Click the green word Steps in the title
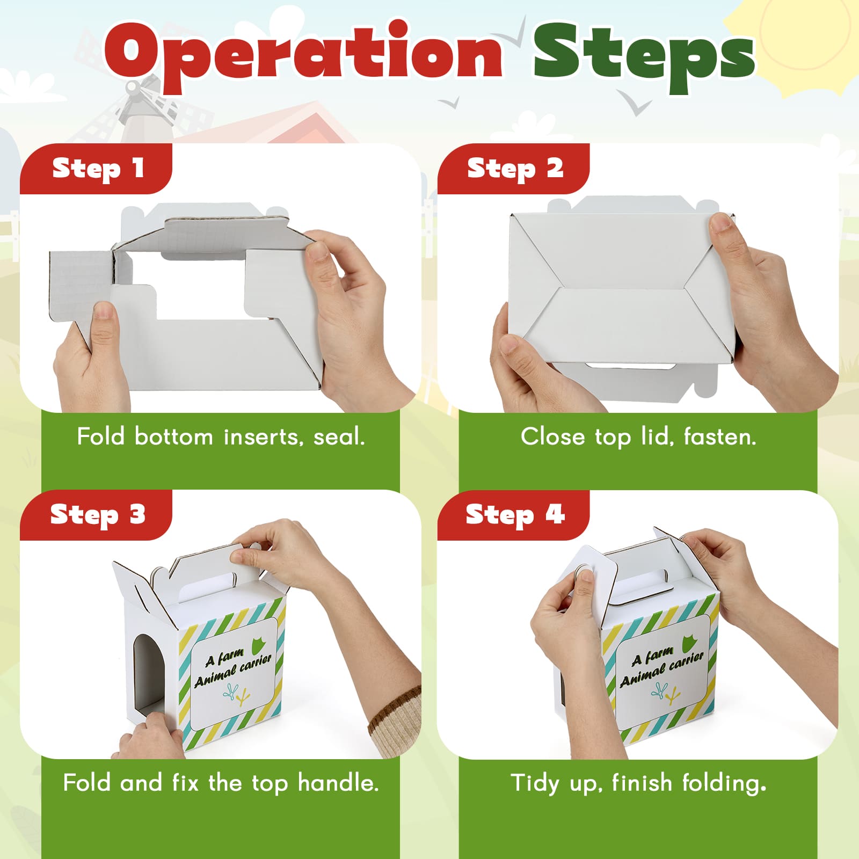coord(644,56)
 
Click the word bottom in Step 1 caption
coord(173,436)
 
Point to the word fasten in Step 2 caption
coord(720,437)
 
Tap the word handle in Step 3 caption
coord(338,783)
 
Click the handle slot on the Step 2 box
coord(630,366)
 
